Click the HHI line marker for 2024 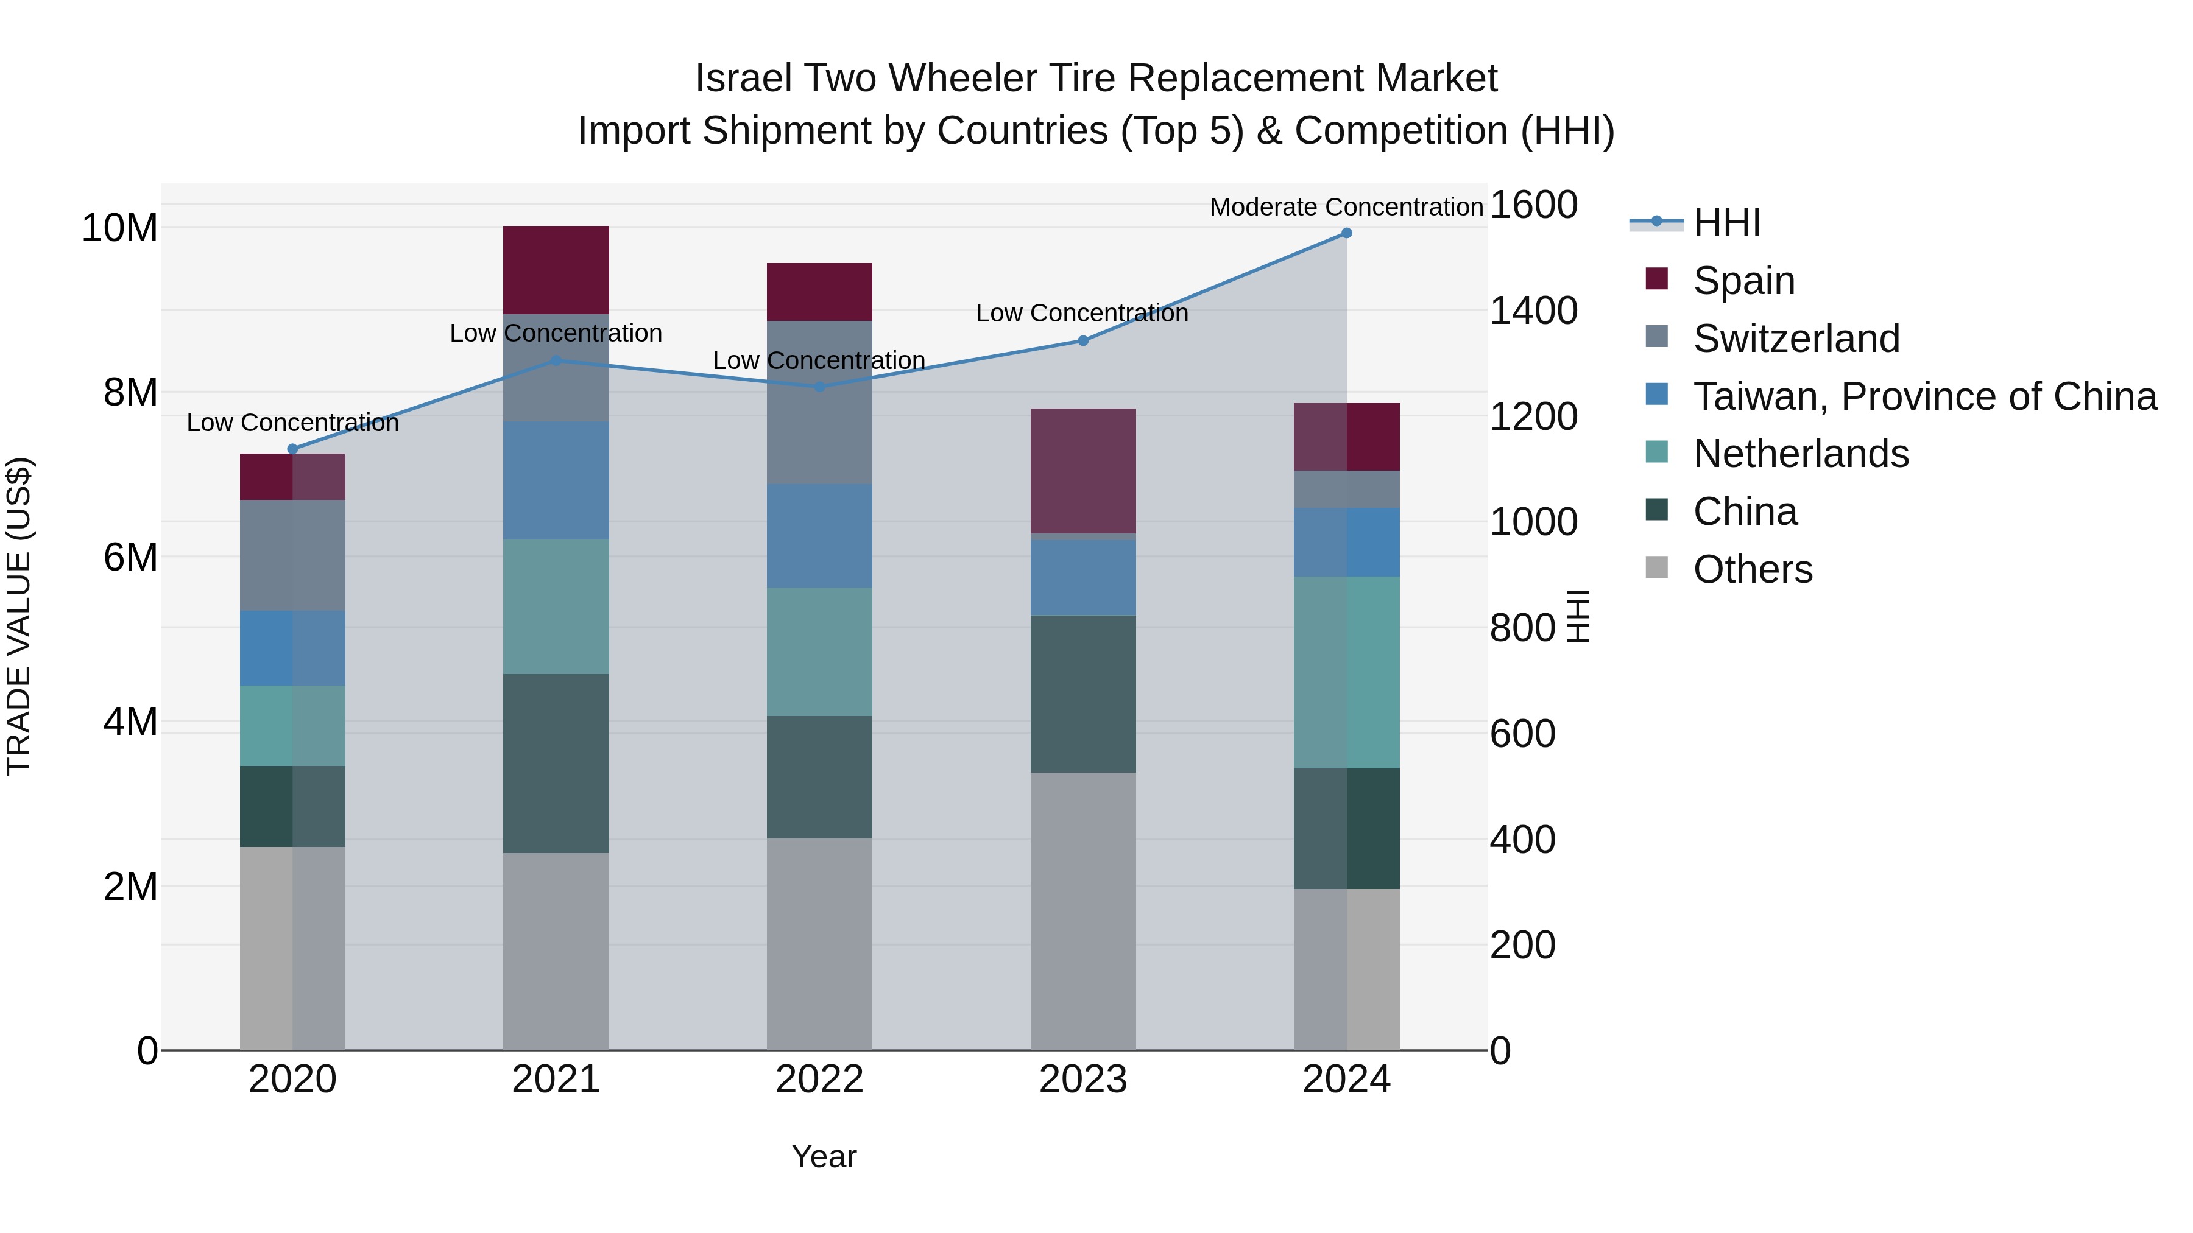1346,233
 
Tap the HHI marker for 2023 1083,340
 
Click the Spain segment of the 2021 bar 556,270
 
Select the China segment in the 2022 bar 819,777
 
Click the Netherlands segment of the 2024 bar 1346,672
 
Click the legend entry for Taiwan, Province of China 1924,396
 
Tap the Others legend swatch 1657,567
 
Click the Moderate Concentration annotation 1346,207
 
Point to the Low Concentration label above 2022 818,361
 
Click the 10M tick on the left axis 119,228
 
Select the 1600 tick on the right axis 1533,205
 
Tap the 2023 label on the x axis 1083,1080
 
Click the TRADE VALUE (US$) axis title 19,616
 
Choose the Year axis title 823,1156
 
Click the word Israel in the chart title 741,79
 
